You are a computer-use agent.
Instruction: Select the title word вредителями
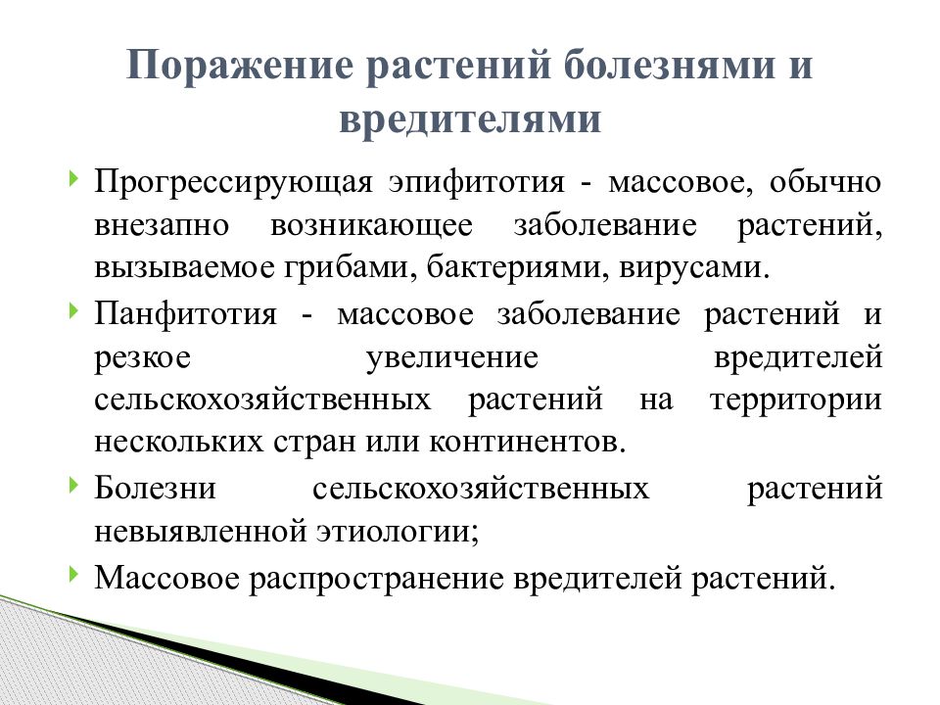469,118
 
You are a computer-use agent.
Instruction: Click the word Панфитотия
185,315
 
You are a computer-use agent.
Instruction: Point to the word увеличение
452,357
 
